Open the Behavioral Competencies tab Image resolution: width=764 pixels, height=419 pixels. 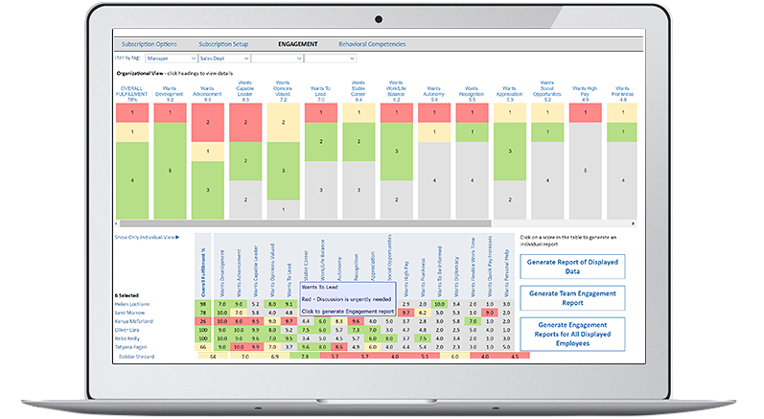click(372, 44)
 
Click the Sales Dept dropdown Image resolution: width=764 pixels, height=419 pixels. click(218, 58)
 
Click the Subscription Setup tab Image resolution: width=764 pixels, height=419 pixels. click(223, 44)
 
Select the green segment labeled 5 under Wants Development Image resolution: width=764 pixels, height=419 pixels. click(169, 171)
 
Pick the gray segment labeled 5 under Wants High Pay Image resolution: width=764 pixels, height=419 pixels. click(584, 181)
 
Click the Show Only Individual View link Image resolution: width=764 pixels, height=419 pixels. click(147, 236)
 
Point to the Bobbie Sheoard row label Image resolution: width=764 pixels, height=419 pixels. click(140, 356)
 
